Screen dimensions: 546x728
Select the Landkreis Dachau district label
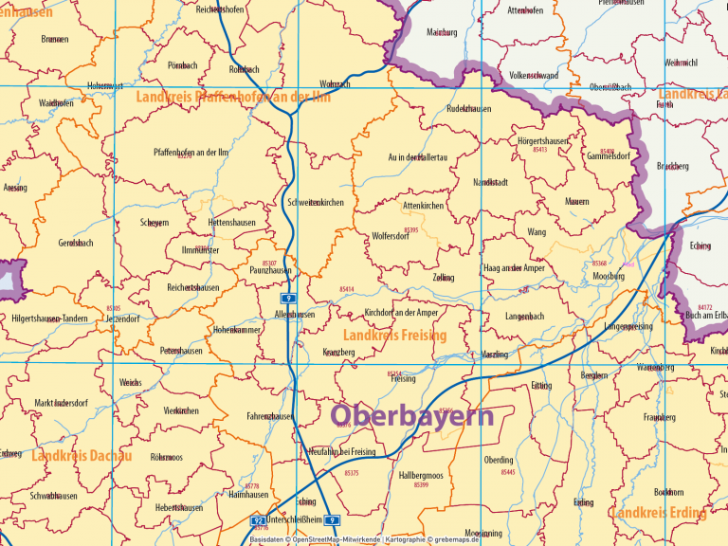tap(82, 456)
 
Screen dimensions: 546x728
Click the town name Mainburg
tap(442, 32)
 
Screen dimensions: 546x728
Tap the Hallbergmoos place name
tap(421, 474)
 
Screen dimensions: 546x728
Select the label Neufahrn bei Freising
tap(342, 452)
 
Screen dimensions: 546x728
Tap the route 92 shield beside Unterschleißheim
tap(257, 520)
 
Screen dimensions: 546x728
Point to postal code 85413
tap(540, 150)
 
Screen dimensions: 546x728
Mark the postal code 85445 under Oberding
tap(508, 471)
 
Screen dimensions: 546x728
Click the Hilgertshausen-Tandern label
tap(50, 318)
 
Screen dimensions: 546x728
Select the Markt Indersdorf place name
tap(61, 403)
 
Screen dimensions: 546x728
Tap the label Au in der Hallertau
tap(417, 157)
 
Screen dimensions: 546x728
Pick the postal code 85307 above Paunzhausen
tap(269, 262)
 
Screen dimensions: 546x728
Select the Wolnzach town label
tap(335, 84)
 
